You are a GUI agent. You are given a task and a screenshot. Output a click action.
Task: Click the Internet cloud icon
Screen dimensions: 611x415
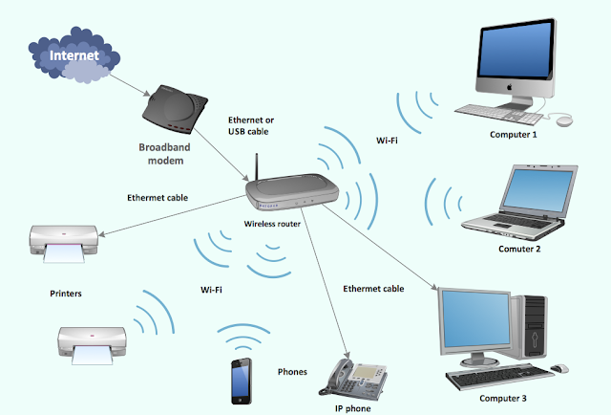click(74, 55)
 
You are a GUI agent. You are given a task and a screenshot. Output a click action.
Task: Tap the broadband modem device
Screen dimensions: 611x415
click(175, 109)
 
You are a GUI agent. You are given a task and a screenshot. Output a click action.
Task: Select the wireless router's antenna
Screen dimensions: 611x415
click(257, 166)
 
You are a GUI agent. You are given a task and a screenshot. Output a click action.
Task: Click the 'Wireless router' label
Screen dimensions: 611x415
click(272, 224)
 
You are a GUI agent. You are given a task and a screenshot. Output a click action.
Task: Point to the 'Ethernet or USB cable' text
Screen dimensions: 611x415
click(250, 125)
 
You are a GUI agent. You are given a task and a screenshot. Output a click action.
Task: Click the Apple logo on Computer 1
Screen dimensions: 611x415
click(509, 87)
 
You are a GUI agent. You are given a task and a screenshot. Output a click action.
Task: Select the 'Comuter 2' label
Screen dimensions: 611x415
click(519, 249)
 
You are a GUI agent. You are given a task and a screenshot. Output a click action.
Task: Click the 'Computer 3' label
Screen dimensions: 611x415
click(503, 398)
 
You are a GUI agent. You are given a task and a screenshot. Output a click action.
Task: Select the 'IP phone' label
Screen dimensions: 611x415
click(352, 408)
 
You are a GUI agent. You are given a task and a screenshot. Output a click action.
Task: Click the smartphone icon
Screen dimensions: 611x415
click(242, 381)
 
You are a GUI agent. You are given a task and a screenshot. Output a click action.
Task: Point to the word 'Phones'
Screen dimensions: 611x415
click(292, 372)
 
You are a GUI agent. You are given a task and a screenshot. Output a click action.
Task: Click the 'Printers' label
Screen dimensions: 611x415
click(66, 294)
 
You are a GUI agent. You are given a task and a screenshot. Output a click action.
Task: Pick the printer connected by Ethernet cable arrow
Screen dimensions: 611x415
click(64, 244)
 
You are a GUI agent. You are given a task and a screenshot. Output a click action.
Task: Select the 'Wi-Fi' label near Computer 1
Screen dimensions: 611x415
click(387, 141)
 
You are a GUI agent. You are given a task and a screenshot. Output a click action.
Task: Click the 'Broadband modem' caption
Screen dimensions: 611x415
click(165, 154)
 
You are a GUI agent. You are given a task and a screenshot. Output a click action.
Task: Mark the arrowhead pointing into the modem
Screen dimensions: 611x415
click(147, 94)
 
